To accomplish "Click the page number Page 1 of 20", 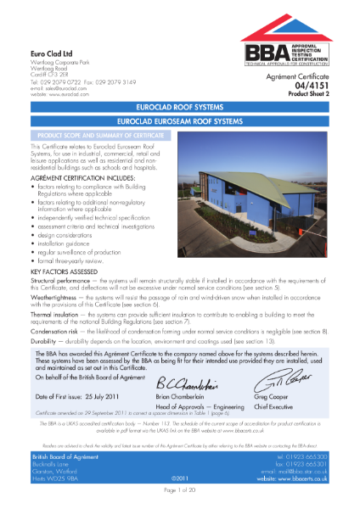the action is click(x=180, y=501).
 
